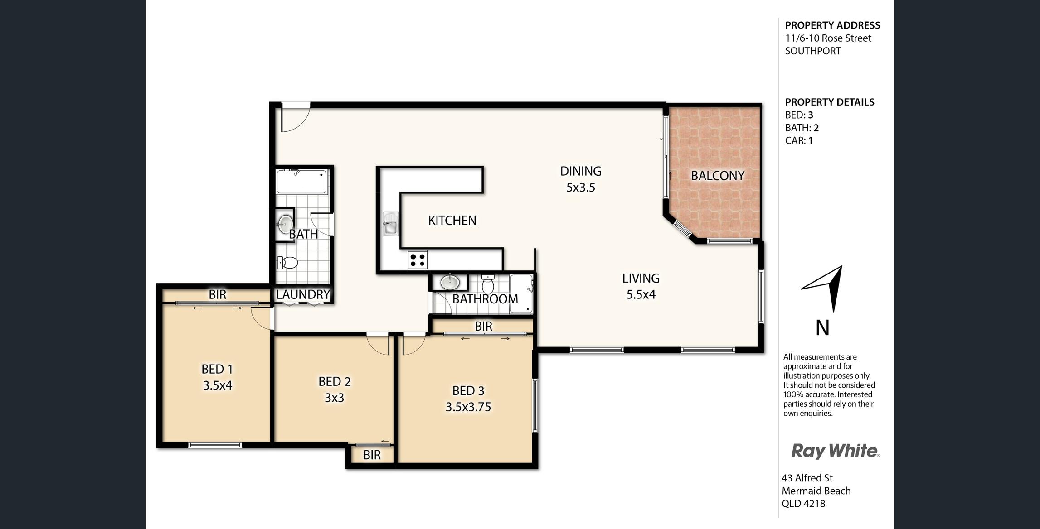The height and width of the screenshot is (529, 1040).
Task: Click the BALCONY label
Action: click(718, 176)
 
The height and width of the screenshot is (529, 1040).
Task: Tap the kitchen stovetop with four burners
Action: click(418, 260)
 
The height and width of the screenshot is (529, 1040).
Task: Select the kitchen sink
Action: click(391, 223)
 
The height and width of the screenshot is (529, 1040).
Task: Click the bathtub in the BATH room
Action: click(302, 182)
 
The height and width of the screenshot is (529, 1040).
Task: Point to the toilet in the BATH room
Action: click(287, 262)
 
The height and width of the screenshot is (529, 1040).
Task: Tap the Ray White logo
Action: click(835, 451)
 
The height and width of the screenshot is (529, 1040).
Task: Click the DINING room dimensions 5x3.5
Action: click(581, 188)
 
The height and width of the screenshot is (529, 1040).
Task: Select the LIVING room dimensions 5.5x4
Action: click(641, 295)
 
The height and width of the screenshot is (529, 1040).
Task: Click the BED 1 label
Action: click(217, 369)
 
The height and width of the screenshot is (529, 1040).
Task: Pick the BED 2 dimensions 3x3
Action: click(334, 398)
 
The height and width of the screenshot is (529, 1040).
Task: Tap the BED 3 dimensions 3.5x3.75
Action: click(468, 407)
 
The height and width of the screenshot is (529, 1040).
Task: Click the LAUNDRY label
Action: click(303, 294)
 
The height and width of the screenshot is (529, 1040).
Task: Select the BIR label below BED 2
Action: click(372, 455)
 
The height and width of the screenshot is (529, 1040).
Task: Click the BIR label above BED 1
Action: click(217, 295)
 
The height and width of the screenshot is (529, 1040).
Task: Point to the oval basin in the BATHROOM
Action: click(450, 282)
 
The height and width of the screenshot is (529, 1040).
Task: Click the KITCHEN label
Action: click(452, 221)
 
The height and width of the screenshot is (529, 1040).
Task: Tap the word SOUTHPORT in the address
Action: click(813, 51)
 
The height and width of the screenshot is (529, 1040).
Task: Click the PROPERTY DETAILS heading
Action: click(830, 102)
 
